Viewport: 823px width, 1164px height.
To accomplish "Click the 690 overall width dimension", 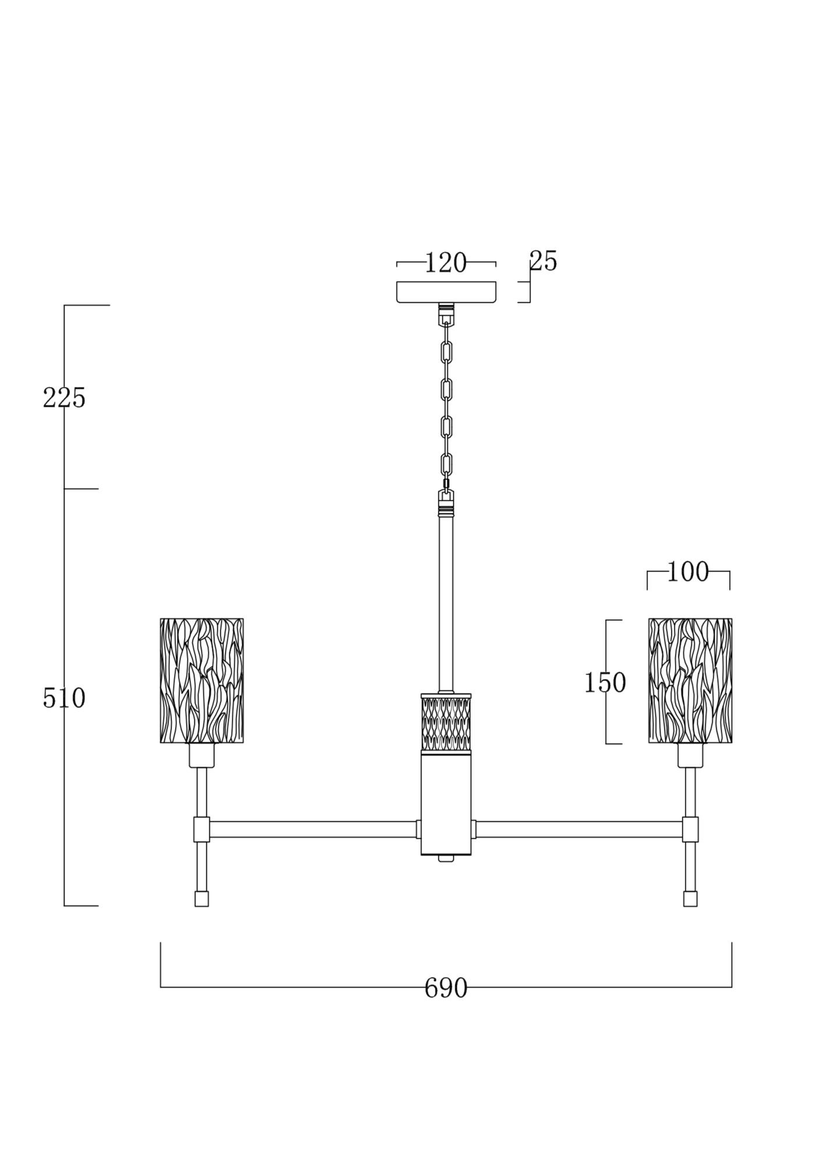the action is point(446,988).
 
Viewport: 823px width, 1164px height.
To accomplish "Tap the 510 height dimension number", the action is point(64,698).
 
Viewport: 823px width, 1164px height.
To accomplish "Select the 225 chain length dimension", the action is point(64,398).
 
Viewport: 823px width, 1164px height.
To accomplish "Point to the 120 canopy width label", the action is point(446,263).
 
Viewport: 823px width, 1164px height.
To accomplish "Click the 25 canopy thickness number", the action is point(543,261).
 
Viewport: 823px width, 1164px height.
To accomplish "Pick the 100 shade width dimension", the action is point(688,572).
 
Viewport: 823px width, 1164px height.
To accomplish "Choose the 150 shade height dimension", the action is point(605,683).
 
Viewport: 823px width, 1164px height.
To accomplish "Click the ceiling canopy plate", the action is point(446,292).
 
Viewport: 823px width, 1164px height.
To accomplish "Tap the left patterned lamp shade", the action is point(202,680).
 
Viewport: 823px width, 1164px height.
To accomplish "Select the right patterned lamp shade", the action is point(690,680).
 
